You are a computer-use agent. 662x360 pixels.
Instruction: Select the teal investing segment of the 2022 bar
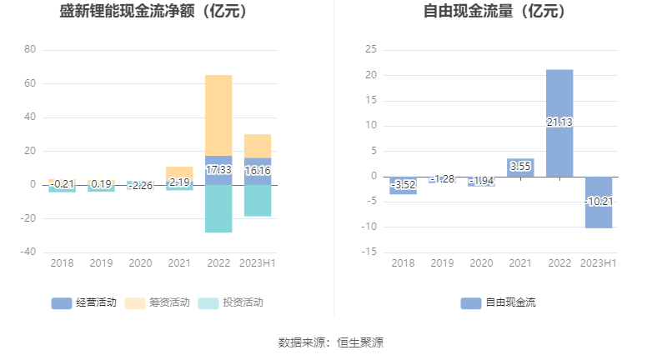[x=218, y=208]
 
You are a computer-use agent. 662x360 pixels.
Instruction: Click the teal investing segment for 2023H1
[x=258, y=201]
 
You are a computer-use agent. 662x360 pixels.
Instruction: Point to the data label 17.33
[x=218, y=169]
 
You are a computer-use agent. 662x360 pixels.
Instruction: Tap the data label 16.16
[x=258, y=170]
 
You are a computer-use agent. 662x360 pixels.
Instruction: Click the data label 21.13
[x=559, y=122]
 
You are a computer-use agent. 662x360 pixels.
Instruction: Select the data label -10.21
[x=598, y=201]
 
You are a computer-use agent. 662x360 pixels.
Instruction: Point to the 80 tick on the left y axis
[x=30, y=50]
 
